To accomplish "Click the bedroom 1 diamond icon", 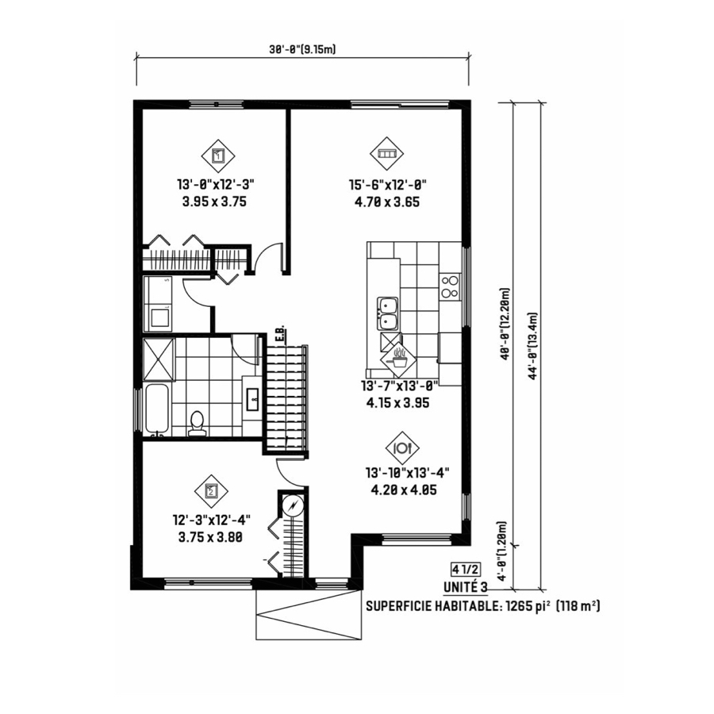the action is (x=218, y=155).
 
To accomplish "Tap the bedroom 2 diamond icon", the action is (x=211, y=491).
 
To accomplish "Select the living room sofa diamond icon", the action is (x=386, y=154).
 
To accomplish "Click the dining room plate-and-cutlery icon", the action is (x=402, y=448).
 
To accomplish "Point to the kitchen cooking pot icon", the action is (x=399, y=359).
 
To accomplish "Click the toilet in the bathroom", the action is (x=197, y=424).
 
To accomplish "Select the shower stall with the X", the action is (x=159, y=359).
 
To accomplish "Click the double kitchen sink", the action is (x=387, y=313).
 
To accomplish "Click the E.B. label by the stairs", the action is (x=280, y=334).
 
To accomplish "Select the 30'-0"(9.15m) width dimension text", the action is (x=302, y=50).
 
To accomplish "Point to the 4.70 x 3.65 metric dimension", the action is (x=387, y=202).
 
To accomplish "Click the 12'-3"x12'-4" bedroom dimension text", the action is (x=212, y=520).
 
